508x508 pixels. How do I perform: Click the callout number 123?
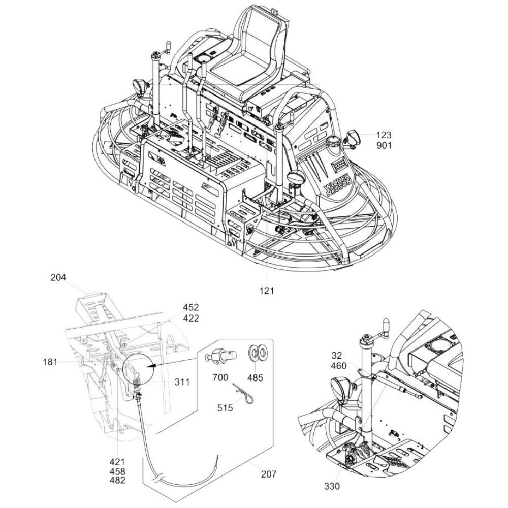point(384,135)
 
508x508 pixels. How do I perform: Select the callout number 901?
point(384,145)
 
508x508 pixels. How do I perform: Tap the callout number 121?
point(266,291)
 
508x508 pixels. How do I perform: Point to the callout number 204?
point(58,277)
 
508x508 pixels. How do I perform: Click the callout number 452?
point(191,307)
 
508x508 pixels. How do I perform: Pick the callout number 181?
point(50,362)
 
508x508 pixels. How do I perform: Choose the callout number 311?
point(182,382)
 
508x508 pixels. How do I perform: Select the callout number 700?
point(220,377)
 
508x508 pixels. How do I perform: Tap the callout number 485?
point(256,377)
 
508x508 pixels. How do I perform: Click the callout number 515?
point(225,407)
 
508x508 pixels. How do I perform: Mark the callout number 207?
point(269,474)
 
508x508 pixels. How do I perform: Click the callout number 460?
point(339,366)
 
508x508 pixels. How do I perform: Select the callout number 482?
point(117,480)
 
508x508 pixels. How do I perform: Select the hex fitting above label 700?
point(220,357)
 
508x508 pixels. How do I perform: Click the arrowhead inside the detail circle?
point(151,365)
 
